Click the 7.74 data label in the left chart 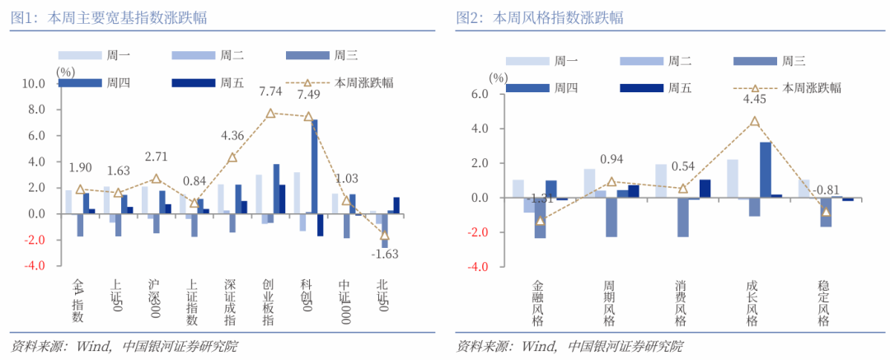tap(271, 91)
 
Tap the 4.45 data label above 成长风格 tap(754, 100)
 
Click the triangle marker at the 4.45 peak tap(754, 121)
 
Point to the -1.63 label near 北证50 tap(384, 254)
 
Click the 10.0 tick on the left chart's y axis tap(34, 83)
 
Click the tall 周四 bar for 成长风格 tap(766, 170)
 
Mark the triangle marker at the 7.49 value tap(308, 117)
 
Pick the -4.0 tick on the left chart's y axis tap(34, 267)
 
